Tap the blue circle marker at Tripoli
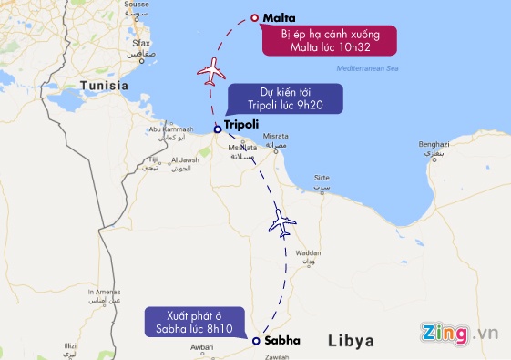pos(217,129)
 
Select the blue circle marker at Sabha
pos(256,340)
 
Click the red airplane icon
pos(210,68)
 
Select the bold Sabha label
pos(281,340)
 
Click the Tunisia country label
pos(105,85)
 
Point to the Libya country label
pos(353,340)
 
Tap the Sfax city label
pos(139,43)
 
